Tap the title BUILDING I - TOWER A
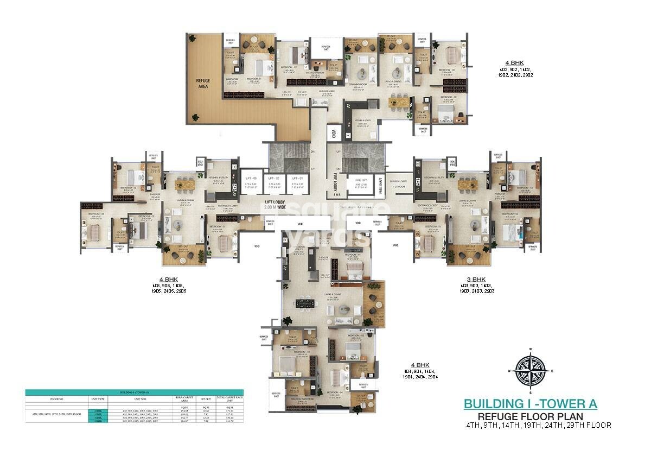530,404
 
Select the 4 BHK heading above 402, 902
513,63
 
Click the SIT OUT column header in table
206,398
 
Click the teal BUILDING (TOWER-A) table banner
134,392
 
